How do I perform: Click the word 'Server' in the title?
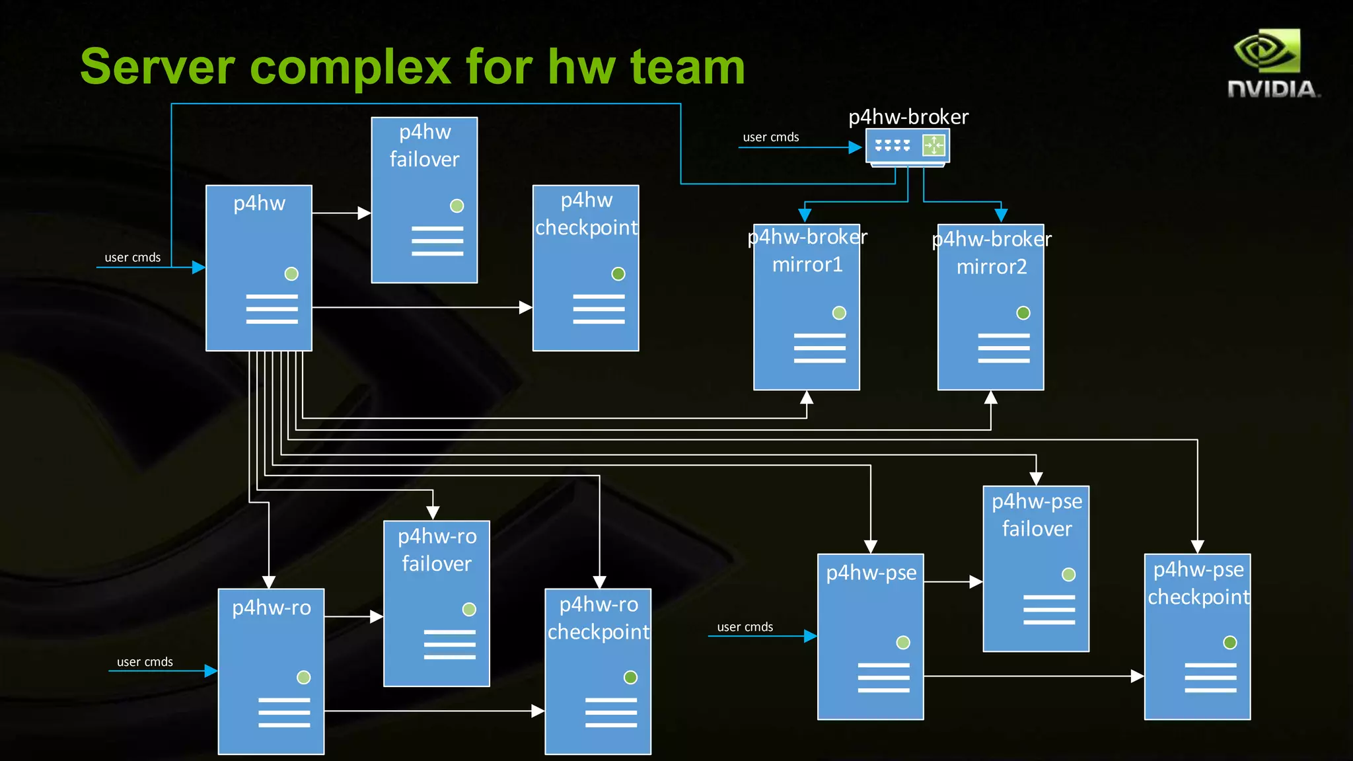coord(157,67)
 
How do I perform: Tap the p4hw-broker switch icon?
coord(908,146)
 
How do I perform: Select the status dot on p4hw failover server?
coord(457,206)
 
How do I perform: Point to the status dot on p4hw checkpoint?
coord(618,274)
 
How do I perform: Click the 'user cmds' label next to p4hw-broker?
coord(771,137)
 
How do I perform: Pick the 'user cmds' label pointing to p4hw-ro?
coord(145,662)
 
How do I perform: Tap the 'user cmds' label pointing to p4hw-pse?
coord(745,627)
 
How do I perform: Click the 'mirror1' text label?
coord(807,265)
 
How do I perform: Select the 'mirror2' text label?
coord(992,267)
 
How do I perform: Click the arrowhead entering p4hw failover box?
coord(364,213)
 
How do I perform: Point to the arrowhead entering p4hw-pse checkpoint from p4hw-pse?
coord(1137,676)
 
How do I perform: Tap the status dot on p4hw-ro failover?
coord(469,610)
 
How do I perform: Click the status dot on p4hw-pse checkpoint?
coord(1229,643)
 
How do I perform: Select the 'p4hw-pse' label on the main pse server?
coord(871,573)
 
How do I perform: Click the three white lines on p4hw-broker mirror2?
coord(1004,348)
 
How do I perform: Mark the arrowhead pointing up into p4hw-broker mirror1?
coord(807,397)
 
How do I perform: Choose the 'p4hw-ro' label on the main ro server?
coord(272,608)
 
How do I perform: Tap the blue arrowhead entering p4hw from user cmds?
coord(198,268)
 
